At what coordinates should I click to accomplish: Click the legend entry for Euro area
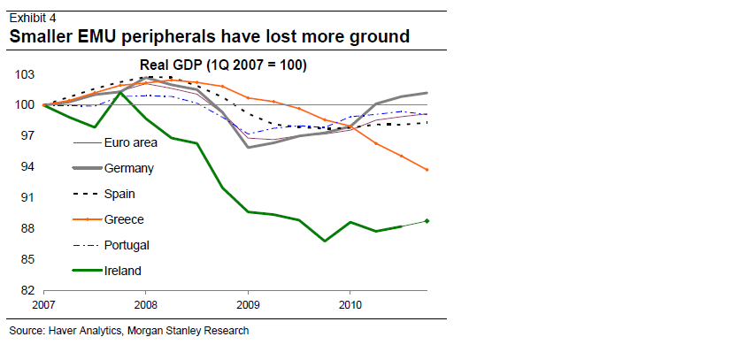point(131,142)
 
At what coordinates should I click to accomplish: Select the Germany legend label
point(129,168)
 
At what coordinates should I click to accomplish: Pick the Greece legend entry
point(124,219)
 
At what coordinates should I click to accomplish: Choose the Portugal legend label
point(127,245)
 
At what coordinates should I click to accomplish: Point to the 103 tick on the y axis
point(25,75)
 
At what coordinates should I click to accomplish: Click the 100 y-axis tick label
point(25,105)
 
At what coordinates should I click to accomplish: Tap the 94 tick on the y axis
point(27,167)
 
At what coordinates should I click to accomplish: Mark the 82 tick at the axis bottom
point(27,290)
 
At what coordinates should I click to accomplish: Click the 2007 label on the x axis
point(44,305)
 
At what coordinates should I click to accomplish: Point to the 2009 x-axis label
point(248,305)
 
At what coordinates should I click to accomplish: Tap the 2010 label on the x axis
point(350,305)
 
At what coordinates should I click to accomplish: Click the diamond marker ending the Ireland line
point(427,221)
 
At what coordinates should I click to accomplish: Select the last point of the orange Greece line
point(427,170)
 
